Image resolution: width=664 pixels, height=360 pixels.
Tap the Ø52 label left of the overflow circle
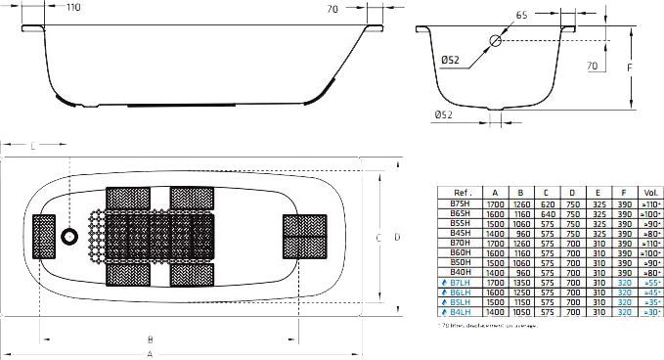tap(451, 59)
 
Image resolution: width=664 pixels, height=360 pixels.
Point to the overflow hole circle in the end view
tap(495, 42)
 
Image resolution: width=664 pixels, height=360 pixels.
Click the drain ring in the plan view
tap(69, 238)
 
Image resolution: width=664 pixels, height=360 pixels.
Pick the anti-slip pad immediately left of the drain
tap(45, 238)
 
